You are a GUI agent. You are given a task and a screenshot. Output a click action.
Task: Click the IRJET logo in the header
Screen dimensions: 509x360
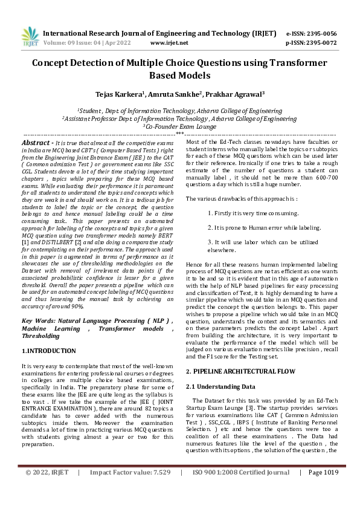click(x=28, y=37)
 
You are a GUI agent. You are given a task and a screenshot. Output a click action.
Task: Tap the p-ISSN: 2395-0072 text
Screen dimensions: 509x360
click(x=311, y=43)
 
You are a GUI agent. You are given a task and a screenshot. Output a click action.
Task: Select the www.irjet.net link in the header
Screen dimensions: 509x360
click(x=169, y=43)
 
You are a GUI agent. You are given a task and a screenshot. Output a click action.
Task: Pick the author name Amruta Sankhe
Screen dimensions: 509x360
click(x=176, y=94)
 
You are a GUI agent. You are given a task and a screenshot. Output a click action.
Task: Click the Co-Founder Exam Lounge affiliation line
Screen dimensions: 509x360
click(x=179, y=126)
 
